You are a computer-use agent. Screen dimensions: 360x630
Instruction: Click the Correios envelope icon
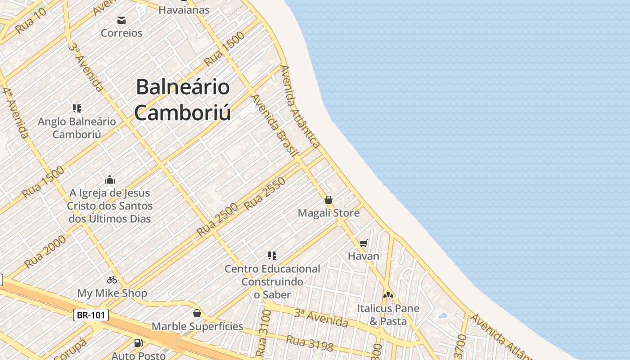pyautogui.click(x=121, y=20)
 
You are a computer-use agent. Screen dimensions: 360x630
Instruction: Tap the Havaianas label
pyautogui.click(x=184, y=9)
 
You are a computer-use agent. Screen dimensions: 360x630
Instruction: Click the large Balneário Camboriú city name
pyautogui.click(x=183, y=99)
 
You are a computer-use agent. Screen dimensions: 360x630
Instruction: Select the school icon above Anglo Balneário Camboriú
pyautogui.click(x=77, y=108)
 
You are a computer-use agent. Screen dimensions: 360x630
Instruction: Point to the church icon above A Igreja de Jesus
pyautogui.click(x=109, y=180)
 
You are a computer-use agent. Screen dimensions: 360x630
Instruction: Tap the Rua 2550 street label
pyautogui.click(x=265, y=194)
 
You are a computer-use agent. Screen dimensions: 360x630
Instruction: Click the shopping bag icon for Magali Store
pyautogui.click(x=328, y=200)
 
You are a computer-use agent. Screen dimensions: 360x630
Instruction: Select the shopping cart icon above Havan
pyautogui.click(x=364, y=243)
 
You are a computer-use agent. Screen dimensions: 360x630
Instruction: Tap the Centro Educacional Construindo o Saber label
pyautogui.click(x=272, y=282)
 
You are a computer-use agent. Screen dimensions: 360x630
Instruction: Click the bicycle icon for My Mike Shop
pyautogui.click(x=112, y=280)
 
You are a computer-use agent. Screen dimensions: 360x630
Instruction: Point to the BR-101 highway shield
pyautogui.click(x=91, y=315)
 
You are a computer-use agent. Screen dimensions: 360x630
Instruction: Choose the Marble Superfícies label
pyautogui.click(x=197, y=326)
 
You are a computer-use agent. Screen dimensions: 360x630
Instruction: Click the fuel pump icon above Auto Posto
pyautogui.click(x=139, y=343)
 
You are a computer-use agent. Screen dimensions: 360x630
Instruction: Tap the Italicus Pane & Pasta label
pyautogui.click(x=388, y=315)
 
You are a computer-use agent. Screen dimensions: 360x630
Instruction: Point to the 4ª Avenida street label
pyautogui.click(x=15, y=112)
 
